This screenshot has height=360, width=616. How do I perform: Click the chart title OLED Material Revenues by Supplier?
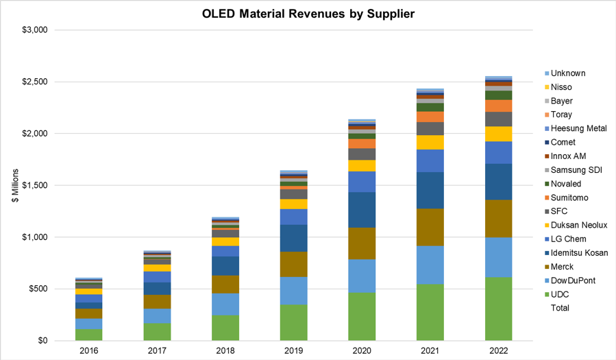point(308,13)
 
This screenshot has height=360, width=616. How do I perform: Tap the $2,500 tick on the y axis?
point(33,82)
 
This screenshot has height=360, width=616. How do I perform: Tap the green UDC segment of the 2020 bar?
point(362,316)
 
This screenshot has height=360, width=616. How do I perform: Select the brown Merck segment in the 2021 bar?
point(430,227)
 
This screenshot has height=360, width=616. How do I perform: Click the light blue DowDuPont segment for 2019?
point(293,291)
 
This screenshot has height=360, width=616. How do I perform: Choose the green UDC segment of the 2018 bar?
point(225,328)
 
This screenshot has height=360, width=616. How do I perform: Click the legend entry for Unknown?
point(568,73)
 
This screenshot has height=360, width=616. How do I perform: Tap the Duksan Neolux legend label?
point(579,226)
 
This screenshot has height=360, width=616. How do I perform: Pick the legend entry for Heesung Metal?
point(579,129)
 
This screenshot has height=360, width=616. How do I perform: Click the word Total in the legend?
point(561,309)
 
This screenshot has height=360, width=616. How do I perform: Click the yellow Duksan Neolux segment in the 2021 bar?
point(430,142)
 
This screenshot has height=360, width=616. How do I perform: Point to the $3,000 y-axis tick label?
point(33,30)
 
